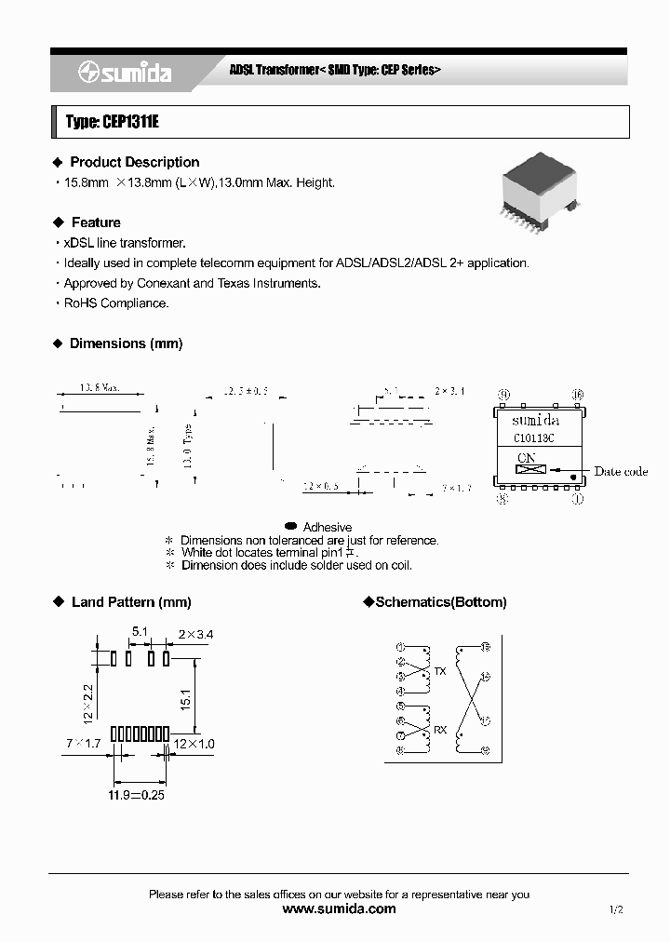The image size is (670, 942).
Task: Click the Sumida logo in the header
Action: [125, 73]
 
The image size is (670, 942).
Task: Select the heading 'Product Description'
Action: [134, 162]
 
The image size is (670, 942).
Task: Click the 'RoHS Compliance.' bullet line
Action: [115, 303]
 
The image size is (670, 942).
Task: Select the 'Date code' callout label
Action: [621, 471]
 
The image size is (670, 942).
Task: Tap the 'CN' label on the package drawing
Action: [527, 457]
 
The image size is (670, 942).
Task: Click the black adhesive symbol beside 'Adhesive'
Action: [290, 526]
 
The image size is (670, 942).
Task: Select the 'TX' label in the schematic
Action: [439, 671]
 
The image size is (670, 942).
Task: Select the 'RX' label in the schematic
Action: [439, 730]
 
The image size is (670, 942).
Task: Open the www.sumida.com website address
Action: [339, 908]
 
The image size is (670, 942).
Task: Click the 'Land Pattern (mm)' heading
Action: [130, 602]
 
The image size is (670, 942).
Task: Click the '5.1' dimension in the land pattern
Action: [140, 632]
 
